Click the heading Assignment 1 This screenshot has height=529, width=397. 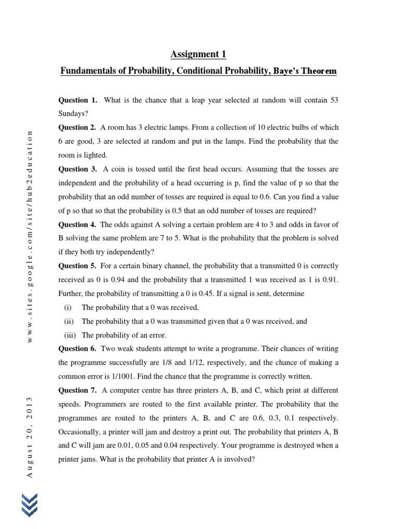[x=198, y=54]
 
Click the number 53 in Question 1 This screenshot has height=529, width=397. [x=333, y=100]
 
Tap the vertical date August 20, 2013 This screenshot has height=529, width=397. [x=29, y=437]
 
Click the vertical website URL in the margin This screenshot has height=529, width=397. [x=29, y=237]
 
